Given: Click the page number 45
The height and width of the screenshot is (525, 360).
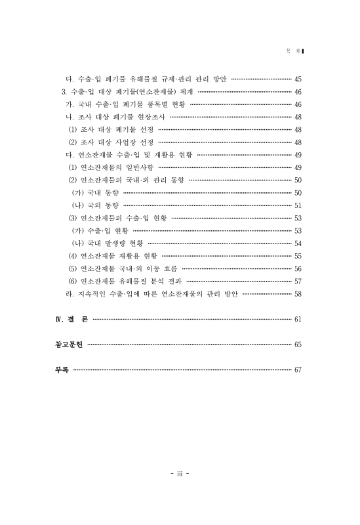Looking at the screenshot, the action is tap(298, 79).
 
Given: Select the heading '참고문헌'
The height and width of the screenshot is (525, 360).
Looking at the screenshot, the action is tap(70, 344).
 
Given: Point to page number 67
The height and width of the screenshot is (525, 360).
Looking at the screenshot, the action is tap(298, 369).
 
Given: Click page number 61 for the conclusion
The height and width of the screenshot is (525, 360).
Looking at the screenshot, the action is tap(298, 320).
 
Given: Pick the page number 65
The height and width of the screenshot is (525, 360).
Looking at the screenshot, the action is tap(298, 344).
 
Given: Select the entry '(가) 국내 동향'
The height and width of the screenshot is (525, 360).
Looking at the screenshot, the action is tap(96, 192).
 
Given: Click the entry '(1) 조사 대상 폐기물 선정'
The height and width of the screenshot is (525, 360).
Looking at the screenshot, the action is tap(110, 129).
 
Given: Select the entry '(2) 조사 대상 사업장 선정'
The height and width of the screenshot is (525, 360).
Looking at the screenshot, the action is tap(110, 142).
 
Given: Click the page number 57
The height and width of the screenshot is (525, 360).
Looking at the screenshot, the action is tap(298, 281).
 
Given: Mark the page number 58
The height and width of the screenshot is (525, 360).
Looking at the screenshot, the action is tap(298, 293).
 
